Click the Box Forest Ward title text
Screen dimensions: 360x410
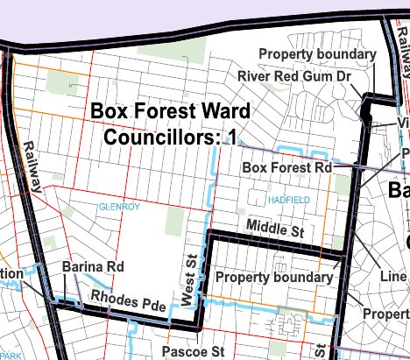(171, 112)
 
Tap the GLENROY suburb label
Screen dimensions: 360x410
(118, 206)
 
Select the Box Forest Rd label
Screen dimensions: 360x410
(286, 166)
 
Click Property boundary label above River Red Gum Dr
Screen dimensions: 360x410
(317, 54)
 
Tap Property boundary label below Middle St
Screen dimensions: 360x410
(274, 278)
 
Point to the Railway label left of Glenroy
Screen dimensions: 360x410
(32, 166)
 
